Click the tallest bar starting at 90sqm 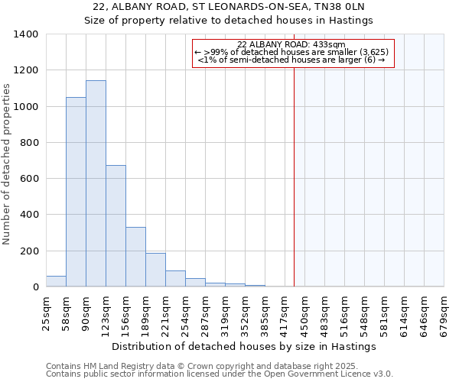[x=96, y=183]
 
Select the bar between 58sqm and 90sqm [x=76, y=192]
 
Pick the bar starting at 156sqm [x=135, y=257]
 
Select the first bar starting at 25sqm [x=56, y=281]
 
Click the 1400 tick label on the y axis [x=26, y=34]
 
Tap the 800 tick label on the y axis [x=29, y=143]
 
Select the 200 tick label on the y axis [x=29, y=251]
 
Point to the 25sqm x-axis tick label [x=46, y=312]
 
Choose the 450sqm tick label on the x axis [x=304, y=312]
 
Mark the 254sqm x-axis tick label [x=185, y=312]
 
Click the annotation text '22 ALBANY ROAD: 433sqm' [x=291, y=44]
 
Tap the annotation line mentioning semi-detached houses [x=291, y=60]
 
